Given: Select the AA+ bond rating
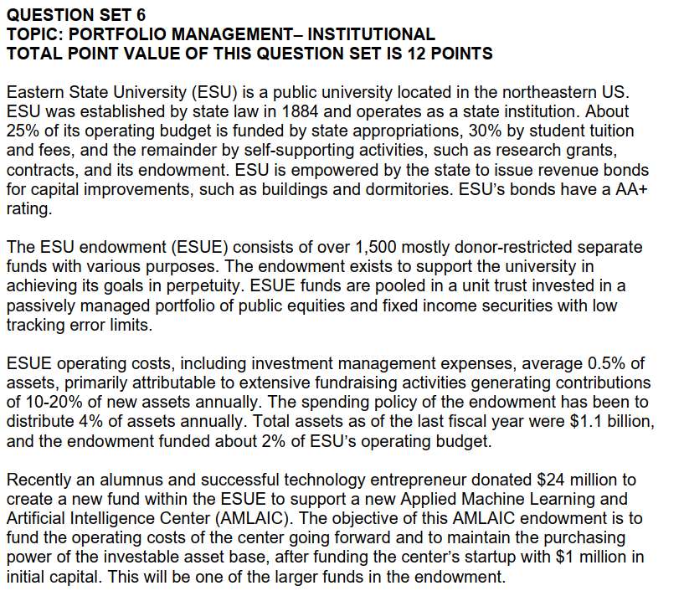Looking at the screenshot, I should pos(629,189).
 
